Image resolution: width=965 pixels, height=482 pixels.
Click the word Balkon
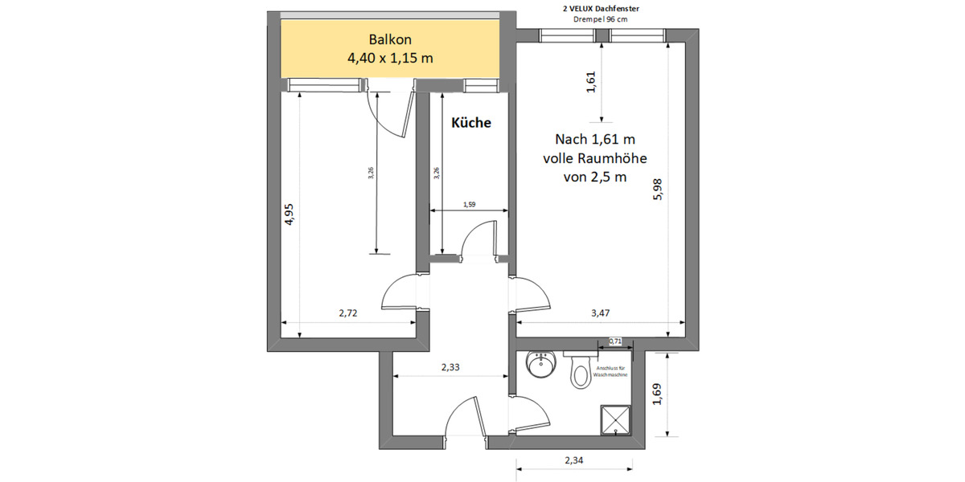391,39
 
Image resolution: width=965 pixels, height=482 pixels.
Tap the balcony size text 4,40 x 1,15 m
391,58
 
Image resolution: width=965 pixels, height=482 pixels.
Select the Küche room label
470,123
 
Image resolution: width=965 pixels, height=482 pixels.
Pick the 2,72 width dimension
347,314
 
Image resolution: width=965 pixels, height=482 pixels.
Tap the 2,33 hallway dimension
451,367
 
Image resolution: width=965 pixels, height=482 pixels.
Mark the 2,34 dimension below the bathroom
574,460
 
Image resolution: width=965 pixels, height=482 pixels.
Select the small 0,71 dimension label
615,341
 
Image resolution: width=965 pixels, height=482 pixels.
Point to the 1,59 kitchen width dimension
470,205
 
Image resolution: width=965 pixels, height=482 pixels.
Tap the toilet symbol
580,373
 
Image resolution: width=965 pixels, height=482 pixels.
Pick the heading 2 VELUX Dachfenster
602,8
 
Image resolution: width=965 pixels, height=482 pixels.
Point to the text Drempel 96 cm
602,18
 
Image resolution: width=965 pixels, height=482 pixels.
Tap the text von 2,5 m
594,177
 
